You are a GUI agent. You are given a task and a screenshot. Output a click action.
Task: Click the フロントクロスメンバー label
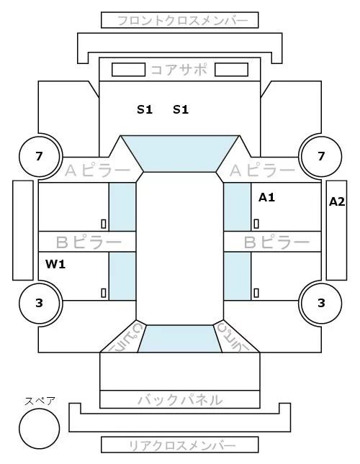pyautogui.click(x=182, y=21)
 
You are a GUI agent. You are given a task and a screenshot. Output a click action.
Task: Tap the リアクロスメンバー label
pyautogui.click(x=182, y=445)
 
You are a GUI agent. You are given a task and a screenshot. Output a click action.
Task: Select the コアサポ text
pyautogui.click(x=179, y=70)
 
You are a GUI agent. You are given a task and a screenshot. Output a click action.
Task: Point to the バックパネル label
pyautogui.click(x=180, y=400)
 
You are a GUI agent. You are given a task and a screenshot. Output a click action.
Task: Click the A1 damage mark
pyautogui.click(x=266, y=197)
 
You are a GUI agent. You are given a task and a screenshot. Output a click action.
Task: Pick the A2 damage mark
pyautogui.click(x=337, y=202)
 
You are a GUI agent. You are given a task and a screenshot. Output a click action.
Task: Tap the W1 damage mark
pyautogui.click(x=55, y=264)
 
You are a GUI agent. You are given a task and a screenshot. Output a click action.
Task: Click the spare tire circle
pyautogui.click(x=40, y=429)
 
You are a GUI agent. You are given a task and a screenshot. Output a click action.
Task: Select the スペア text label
pyautogui.click(x=40, y=401)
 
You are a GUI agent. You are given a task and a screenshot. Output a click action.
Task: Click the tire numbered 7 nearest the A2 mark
pyautogui.click(x=321, y=156)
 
